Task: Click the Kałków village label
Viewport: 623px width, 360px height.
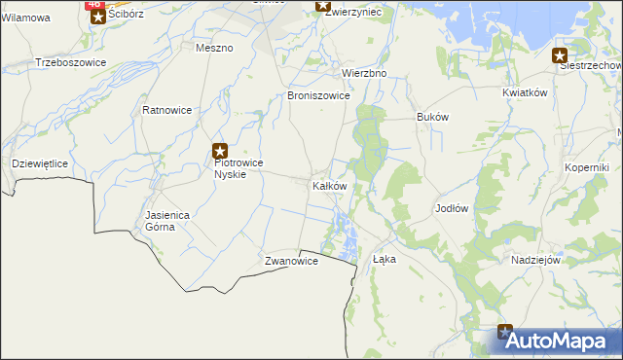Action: [x=329, y=186]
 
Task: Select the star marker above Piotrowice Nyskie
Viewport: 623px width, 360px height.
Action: [x=221, y=151]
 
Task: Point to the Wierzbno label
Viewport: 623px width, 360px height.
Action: [x=364, y=73]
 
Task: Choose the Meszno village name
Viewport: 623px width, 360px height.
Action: [x=214, y=48]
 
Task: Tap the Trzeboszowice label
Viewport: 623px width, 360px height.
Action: [x=70, y=62]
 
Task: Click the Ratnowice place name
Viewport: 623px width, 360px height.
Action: [x=166, y=110]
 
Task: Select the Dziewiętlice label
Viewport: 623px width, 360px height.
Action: [x=39, y=163]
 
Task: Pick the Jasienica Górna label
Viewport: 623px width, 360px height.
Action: [x=161, y=220]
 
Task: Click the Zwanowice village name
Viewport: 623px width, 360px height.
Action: [x=291, y=262]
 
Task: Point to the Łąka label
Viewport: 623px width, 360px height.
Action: [x=385, y=259]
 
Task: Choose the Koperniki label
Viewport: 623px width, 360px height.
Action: [x=586, y=166]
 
